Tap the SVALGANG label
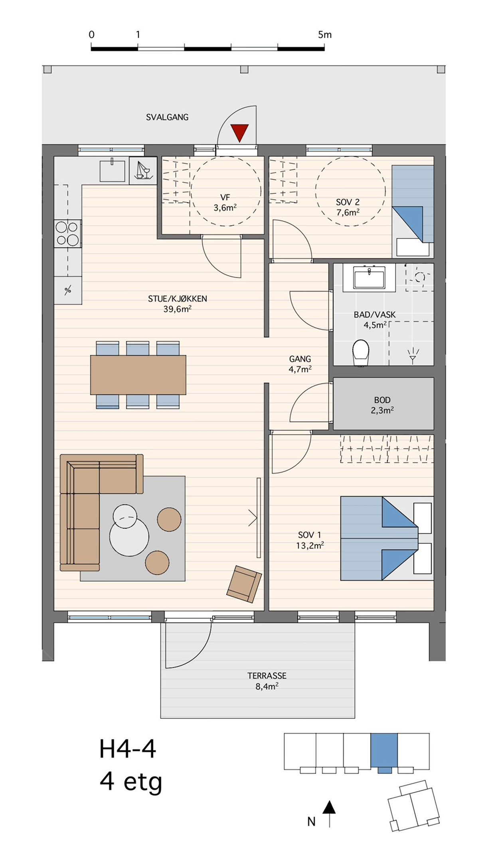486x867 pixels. [x=167, y=117]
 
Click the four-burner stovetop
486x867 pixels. [x=67, y=233]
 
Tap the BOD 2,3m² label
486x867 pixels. [x=382, y=405]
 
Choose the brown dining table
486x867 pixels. [x=138, y=375]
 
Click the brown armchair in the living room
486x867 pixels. [x=244, y=584]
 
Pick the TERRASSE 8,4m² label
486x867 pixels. [x=267, y=681]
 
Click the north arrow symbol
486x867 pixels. [x=329, y=813]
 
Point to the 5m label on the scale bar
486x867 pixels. [x=325, y=35]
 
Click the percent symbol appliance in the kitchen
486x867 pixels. [x=68, y=290]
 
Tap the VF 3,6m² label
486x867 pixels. [x=225, y=203]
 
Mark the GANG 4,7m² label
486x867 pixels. [x=300, y=364]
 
